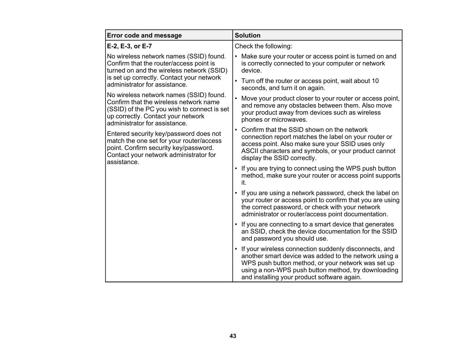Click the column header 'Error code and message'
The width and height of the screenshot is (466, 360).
[144, 36]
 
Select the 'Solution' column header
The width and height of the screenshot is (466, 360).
[247, 36]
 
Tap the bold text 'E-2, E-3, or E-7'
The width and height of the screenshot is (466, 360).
[129, 46]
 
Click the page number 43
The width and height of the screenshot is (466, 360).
[233, 336]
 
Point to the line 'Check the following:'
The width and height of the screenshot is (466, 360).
[263, 46]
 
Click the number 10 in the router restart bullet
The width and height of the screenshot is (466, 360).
[375, 81]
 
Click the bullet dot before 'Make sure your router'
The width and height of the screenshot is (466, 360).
[236, 56]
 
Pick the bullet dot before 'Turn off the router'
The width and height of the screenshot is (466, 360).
[236, 81]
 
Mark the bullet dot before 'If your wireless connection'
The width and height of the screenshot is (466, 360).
[236, 249]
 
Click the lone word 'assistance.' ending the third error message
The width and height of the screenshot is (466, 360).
[123, 162]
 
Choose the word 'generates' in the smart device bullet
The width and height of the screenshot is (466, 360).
[380, 224]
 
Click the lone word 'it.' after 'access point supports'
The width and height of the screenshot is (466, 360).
[244, 183]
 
